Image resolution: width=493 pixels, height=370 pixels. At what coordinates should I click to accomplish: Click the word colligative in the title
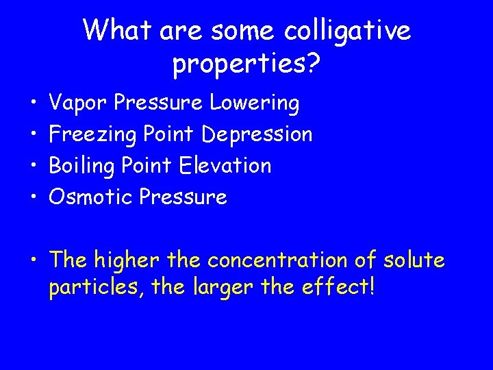(346, 31)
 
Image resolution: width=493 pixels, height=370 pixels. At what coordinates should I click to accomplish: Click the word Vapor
(79, 103)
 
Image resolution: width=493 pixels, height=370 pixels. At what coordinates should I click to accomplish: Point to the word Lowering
(255, 103)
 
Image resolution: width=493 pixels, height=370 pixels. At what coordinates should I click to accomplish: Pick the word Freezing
(94, 135)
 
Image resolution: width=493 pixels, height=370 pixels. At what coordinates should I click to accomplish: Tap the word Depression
(257, 134)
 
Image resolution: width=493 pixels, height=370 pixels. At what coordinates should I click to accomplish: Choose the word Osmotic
(91, 197)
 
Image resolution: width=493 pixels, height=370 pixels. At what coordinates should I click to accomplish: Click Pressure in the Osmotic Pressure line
(183, 197)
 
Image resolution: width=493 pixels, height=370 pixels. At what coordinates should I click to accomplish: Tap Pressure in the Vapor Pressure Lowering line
(159, 103)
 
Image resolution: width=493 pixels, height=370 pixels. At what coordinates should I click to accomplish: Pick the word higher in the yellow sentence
(125, 260)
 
